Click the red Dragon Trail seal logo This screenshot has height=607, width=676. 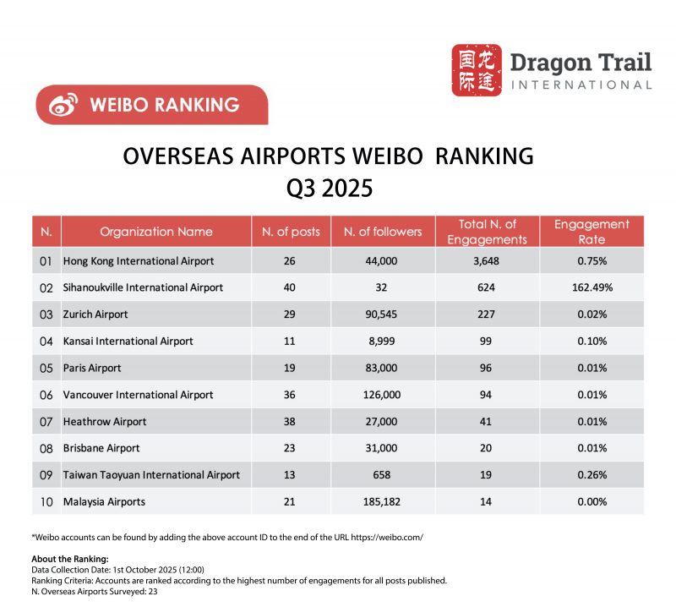point(477,70)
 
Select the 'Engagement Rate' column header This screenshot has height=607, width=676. point(591,232)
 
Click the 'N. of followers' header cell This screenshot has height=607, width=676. point(382,232)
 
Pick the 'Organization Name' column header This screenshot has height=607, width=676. point(156,232)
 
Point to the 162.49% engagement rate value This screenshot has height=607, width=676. point(591,287)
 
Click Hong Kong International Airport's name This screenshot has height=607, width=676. point(139,261)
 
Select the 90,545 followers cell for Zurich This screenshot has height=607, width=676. point(382,314)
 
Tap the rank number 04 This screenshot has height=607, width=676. point(46,342)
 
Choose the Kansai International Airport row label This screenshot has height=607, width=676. point(128,342)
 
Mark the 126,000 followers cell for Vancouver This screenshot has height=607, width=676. point(382,395)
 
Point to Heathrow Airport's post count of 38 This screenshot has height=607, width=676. point(290,422)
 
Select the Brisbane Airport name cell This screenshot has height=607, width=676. point(101,448)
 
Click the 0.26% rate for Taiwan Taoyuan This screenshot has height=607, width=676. point(591,475)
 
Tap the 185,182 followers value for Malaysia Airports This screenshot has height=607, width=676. point(382,502)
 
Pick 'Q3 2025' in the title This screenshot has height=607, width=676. point(329,187)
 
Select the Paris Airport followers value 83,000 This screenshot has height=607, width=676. point(382,369)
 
